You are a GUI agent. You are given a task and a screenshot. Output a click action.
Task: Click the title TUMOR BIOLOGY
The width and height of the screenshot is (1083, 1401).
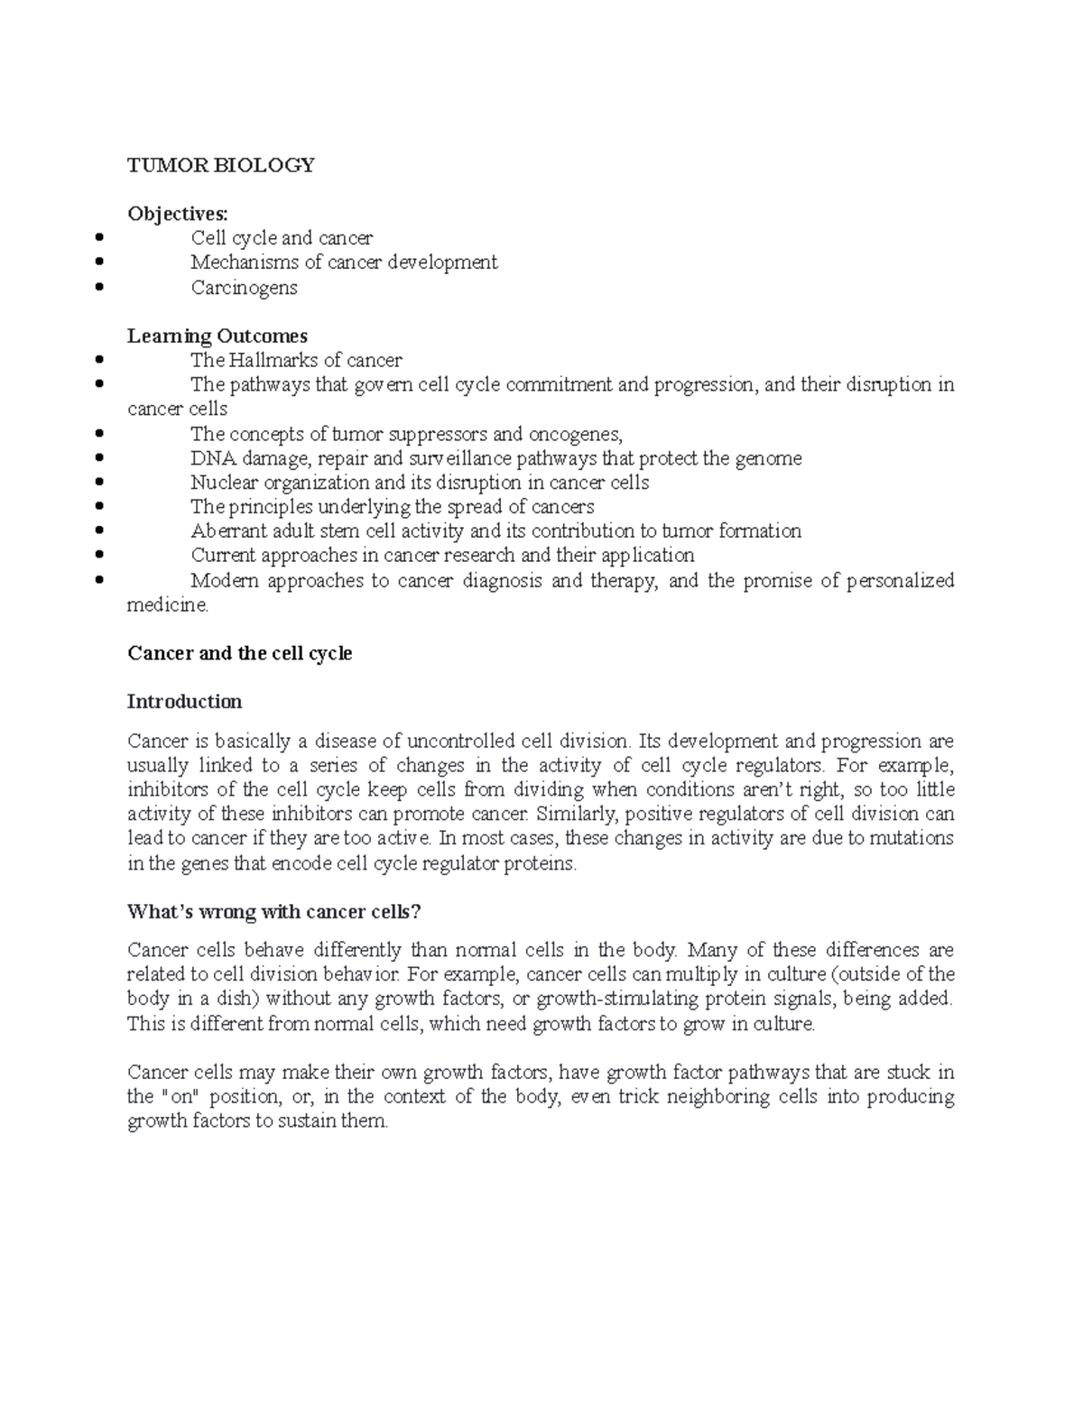click(221, 165)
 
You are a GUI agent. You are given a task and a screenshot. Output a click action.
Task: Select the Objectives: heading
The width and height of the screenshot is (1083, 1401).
click(178, 214)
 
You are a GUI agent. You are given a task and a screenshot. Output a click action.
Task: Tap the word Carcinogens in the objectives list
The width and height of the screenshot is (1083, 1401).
click(244, 288)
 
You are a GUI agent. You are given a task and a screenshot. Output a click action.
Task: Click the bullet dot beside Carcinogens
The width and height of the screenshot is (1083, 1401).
click(98, 289)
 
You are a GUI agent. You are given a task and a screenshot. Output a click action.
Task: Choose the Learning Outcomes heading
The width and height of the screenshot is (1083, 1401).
click(218, 336)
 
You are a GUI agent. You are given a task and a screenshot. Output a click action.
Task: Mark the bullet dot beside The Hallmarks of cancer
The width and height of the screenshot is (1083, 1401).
click(98, 361)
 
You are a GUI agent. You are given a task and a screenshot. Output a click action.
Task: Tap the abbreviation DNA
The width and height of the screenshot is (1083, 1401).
click(210, 458)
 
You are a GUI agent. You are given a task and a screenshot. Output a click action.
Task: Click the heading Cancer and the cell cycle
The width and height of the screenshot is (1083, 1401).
click(239, 653)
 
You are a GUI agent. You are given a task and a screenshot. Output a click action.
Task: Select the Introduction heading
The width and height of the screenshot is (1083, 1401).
click(184, 702)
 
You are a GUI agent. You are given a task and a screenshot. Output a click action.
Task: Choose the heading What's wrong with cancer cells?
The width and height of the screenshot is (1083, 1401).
click(274, 912)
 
